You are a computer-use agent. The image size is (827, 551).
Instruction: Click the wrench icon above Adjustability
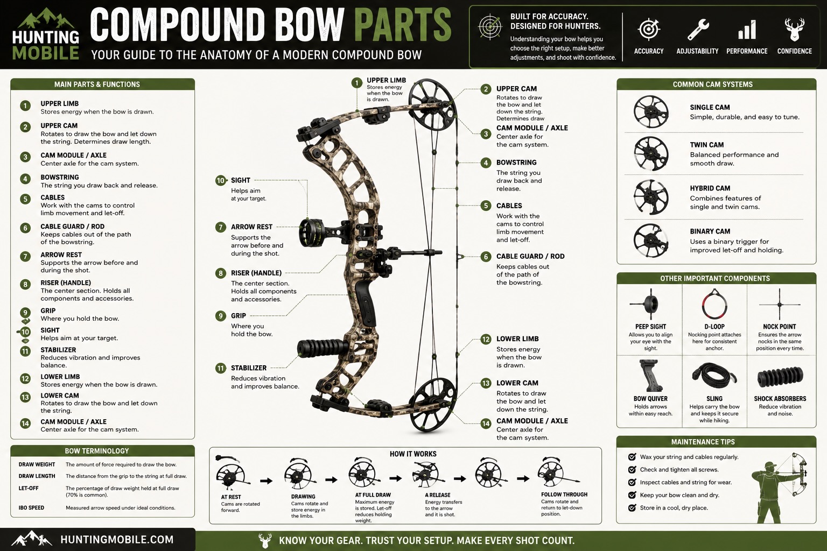coord(698,30)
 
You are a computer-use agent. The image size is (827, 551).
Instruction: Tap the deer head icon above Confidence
coord(795,30)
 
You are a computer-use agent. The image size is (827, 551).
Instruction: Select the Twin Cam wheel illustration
coord(651,153)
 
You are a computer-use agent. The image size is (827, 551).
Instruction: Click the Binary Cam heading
coord(710,231)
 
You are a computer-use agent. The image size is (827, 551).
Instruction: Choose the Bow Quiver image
coord(650,376)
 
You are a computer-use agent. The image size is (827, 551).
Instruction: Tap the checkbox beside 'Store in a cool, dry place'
coord(632,508)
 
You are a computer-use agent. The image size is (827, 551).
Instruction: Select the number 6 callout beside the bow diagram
coord(486,257)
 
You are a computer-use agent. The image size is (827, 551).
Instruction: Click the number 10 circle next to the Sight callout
coord(221,180)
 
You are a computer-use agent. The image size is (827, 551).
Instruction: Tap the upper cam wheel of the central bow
coord(432,104)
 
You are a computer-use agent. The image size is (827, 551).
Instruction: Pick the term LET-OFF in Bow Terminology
coord(29,488)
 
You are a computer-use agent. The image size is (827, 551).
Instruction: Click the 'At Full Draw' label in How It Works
coord(373,495)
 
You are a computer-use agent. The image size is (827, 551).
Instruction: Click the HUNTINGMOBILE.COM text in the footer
coord(117,540)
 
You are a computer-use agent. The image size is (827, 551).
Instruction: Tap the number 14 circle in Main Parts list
coord(25,423)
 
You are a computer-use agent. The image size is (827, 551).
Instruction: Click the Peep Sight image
coord(650,305)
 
